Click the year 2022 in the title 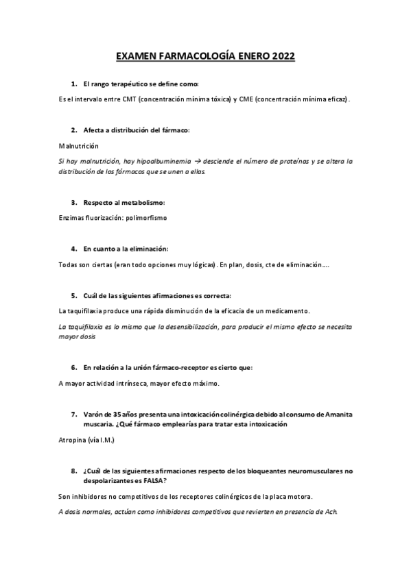pos(282,57)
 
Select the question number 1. pos(73,84)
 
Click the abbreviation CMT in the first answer pos(128,99)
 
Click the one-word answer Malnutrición pos(79,146)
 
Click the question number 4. pos(73,249)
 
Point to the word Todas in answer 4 pos(69,264)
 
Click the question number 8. pos(73,471)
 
